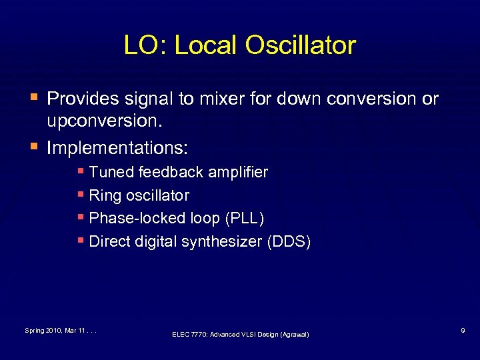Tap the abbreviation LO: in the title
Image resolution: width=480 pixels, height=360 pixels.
pos(142,45)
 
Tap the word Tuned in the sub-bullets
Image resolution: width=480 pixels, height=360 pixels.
pos(111,173)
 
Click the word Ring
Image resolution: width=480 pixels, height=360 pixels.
pos(103,196)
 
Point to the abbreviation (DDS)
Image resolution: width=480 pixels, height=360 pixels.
pos(289,241)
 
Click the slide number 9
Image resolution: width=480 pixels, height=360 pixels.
pos(461,330)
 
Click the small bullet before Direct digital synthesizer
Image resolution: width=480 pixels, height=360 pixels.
pos(81,240)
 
